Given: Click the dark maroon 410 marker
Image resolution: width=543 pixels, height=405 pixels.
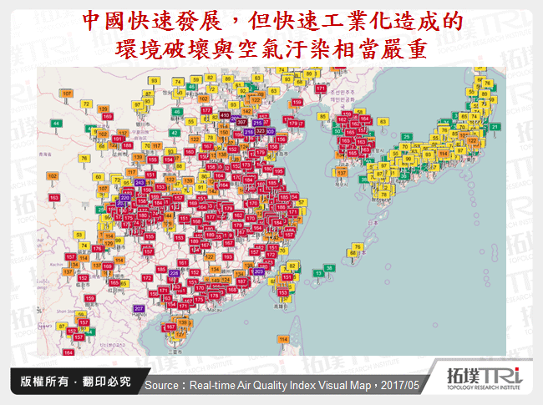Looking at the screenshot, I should click(x=225, y=115).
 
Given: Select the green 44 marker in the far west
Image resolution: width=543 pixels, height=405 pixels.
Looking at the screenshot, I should click(x=56, y=124).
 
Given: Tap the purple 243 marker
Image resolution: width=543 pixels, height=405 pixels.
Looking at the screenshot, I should click(x=140, y=181).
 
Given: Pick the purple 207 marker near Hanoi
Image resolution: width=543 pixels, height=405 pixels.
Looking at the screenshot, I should click(x=139, y=309).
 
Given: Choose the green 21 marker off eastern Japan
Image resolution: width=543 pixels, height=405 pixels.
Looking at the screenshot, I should click(x=495, y=126).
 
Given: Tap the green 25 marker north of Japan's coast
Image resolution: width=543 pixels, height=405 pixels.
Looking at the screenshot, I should click(x=407, y=137).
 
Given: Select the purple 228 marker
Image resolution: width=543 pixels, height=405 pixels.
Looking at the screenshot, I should click(x=174, y=273).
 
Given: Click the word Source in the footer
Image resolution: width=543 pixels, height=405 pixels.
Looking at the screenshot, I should click(x=161, y=386).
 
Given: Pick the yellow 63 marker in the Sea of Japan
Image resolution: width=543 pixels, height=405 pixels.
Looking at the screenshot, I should click(x=383, y=122).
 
